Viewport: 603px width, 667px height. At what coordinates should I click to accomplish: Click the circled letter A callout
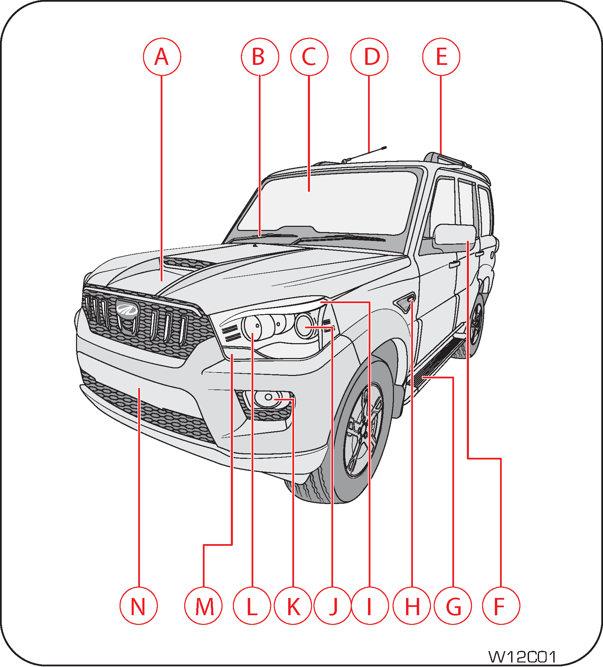click(162, 57)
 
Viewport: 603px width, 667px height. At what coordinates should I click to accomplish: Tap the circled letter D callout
click(369, 57)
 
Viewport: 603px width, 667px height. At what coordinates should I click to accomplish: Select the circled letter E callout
click(441, 57)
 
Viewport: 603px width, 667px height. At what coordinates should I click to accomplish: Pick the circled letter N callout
click(139, 606)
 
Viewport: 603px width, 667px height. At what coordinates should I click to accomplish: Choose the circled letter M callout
click(204, 606)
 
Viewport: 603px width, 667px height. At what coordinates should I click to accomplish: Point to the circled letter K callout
click(293, 606)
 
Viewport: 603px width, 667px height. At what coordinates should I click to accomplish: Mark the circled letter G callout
click(453, 606)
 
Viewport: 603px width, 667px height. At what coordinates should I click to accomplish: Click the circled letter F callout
click(501, 606)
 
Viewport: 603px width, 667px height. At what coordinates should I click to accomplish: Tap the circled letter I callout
click(370, 606)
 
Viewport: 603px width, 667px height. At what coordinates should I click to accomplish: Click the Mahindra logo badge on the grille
click(127, 309)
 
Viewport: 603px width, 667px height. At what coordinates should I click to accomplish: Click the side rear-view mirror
click(455, 235)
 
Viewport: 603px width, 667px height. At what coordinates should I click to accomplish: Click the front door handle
click(454, 264)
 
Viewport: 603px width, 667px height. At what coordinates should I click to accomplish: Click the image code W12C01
click(522, 656)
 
